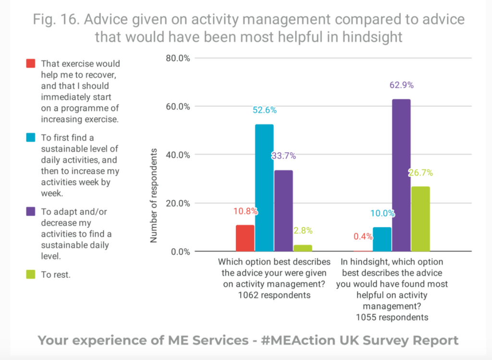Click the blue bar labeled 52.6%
tap(264, 188)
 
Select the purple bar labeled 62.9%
tap(401, 175)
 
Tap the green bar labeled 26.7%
tap(420, 219)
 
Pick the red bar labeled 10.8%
tap(245, 238)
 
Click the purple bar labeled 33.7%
tap(283, 211)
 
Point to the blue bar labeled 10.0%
tap(382, 239)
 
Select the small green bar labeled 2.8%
tap(303, 248)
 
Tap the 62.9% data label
tap(401, 85)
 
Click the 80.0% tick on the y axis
tap(178, 58)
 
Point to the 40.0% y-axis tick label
tap(178, 155)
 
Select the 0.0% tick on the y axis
tap(180, 252)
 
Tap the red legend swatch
tap(31, 64)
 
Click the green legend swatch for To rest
tap(31, 275)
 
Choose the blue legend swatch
tap(31, 138)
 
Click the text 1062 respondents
tap(274, 295)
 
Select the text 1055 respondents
tap(392, 317)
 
